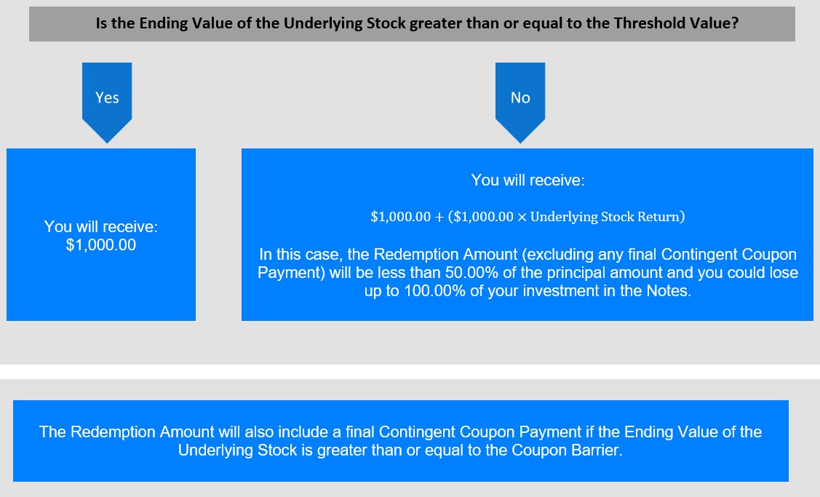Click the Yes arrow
pyautogui.click(x=107, y=102)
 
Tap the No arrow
pyautogui.click(x=520, y=102)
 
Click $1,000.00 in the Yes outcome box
pyautogui.click(x=101, y=244)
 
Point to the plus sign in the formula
pyautogui.click(x=439, y=217)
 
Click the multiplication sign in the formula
pyautogui.click(x=522, y=217)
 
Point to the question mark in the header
pyautogui.click(x=735, y=23)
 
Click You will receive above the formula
pyautogui.click(x=528, y=180)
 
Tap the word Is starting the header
pyautogui.click(x=101, y=23)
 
